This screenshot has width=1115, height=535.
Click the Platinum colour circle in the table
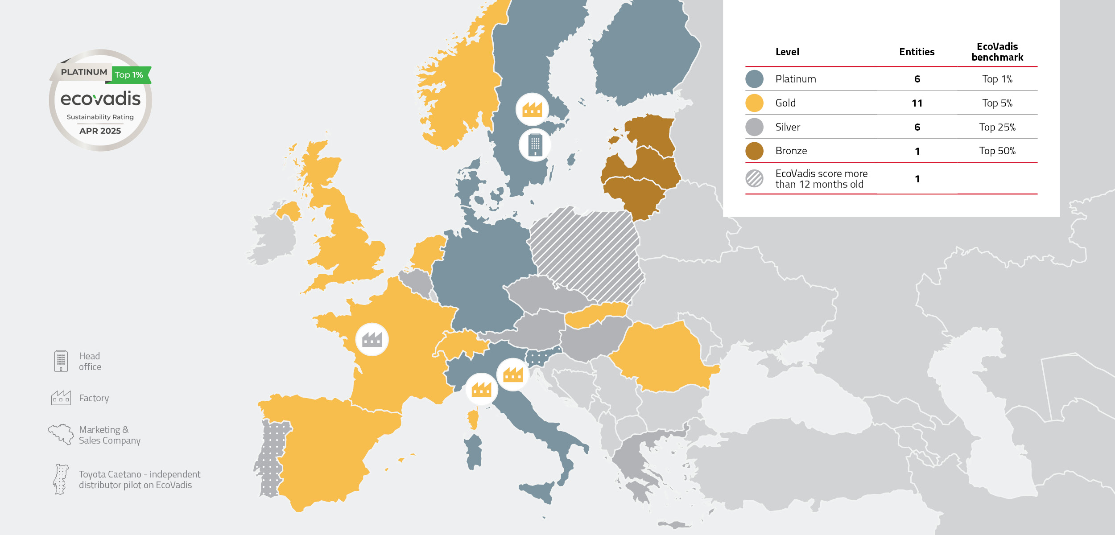(x=754, y=79)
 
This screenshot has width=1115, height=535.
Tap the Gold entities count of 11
(x=917, y=103)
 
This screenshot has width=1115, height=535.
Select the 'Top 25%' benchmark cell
(x=997, y=127)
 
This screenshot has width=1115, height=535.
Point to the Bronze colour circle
(x=754, y=151)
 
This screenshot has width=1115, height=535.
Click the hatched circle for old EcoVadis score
(x=754, y=179)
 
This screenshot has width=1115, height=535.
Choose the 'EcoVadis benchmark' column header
(x=997, y=52)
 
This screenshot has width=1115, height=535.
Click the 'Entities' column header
(x=917, y=52)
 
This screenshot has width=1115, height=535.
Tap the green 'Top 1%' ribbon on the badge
(x=130, y=75)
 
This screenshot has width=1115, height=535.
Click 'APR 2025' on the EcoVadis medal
(x=100, y=131)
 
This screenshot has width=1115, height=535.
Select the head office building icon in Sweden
(x=535, y=145)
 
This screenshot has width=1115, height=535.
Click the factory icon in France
(x=372, y=340)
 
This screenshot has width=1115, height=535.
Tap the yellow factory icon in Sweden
(x=532, y=109)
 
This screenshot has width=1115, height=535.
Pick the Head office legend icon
(x=61, y=361)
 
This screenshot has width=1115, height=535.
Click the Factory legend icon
(x=61, y=398)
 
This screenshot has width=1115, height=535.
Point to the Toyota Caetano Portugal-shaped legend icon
(x=61, y=479)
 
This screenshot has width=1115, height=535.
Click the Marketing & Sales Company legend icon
(x=61, y=434)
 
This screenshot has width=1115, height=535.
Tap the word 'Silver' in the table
(x=788, y=127)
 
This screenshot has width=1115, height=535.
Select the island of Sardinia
(x=474, y=451)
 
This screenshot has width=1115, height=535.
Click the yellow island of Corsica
(x=473, y=418)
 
